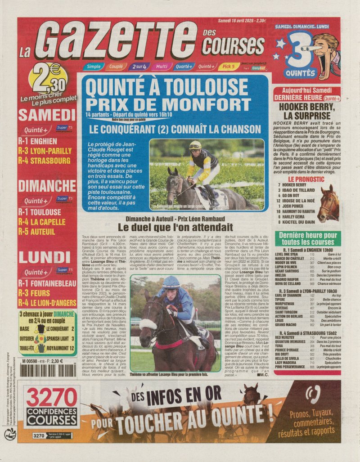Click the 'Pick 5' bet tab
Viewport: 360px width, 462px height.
(229, 67)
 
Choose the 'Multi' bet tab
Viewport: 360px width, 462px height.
(162, 67)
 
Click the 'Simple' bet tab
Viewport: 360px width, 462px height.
(94, 67)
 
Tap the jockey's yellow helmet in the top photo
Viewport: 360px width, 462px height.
(195, 145)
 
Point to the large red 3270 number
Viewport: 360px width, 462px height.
(52, 398)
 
